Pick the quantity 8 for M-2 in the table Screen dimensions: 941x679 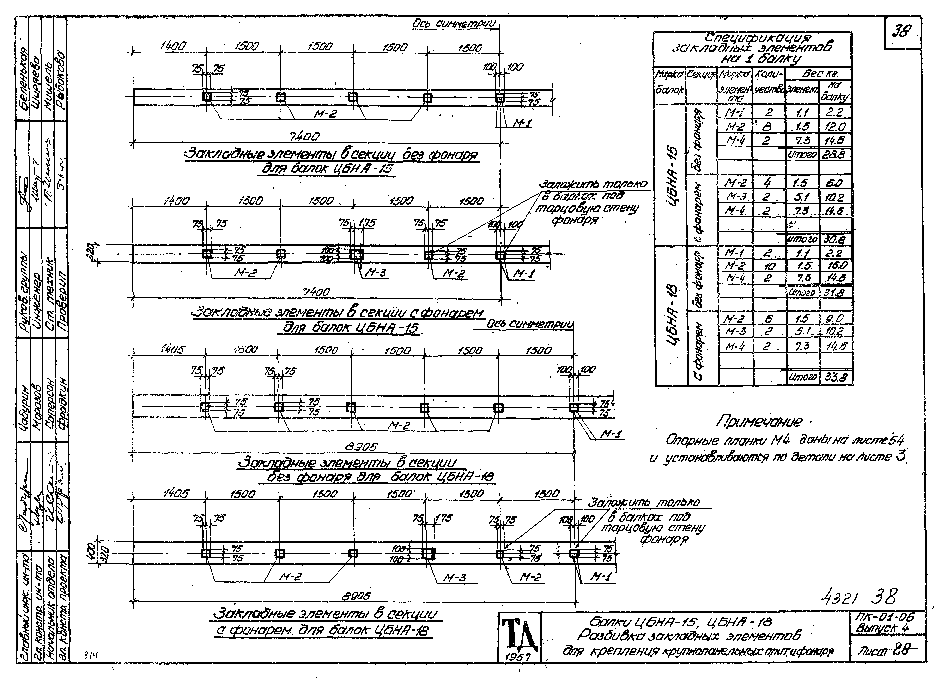pos(766,126)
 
